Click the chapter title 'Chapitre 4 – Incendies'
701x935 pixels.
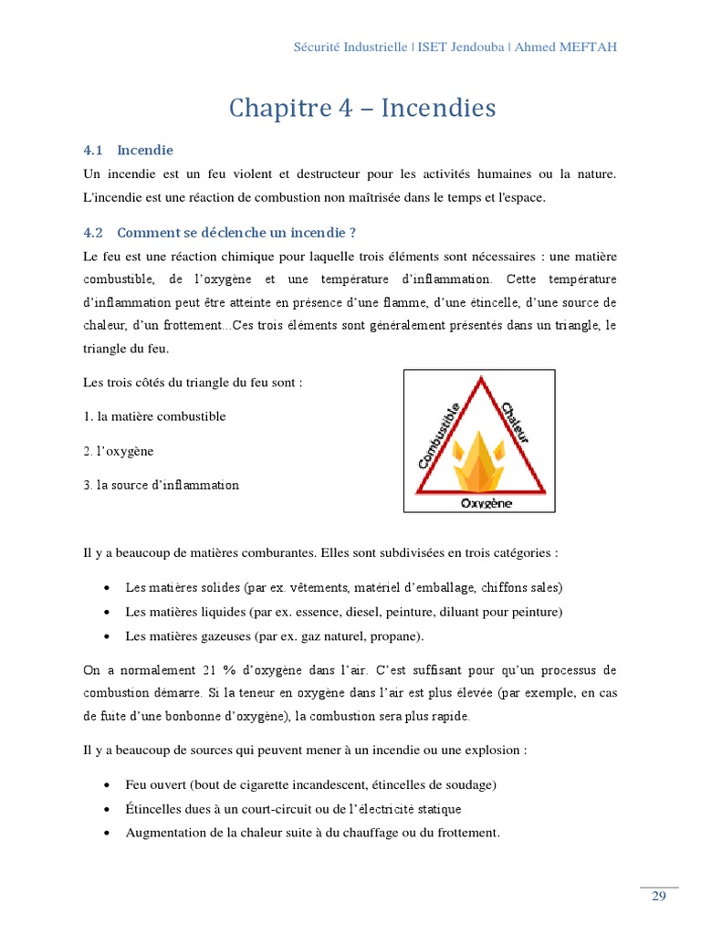(362, 109)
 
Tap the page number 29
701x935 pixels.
(659, 897)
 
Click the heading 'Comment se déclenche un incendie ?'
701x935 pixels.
(235, 233)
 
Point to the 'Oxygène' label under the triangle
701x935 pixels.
(486, 503)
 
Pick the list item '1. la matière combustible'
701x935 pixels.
(154, 416)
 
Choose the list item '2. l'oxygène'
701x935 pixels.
(118, 451)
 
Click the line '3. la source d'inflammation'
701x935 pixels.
(161, 485)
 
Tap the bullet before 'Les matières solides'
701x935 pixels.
(108, 587)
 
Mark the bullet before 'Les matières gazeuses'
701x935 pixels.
(108, 636)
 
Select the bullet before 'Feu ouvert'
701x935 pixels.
(108, 785)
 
